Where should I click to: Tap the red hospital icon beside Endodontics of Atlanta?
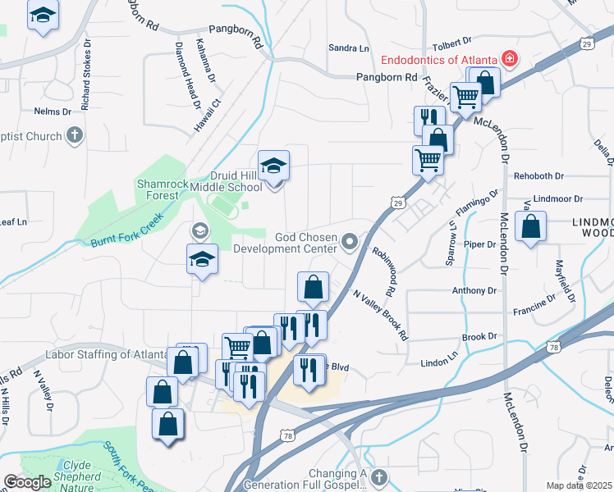[510, 59]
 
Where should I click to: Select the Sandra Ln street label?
[348, 48]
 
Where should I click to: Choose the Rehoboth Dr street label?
[538, 175]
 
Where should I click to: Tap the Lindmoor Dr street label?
[557, 198]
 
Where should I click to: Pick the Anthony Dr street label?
[474, 290]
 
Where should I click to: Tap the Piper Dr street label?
[479, 244]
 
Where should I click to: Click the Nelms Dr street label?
[49, 111]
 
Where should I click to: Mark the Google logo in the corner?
[27, 483]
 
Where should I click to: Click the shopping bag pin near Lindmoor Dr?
[531, 228]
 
